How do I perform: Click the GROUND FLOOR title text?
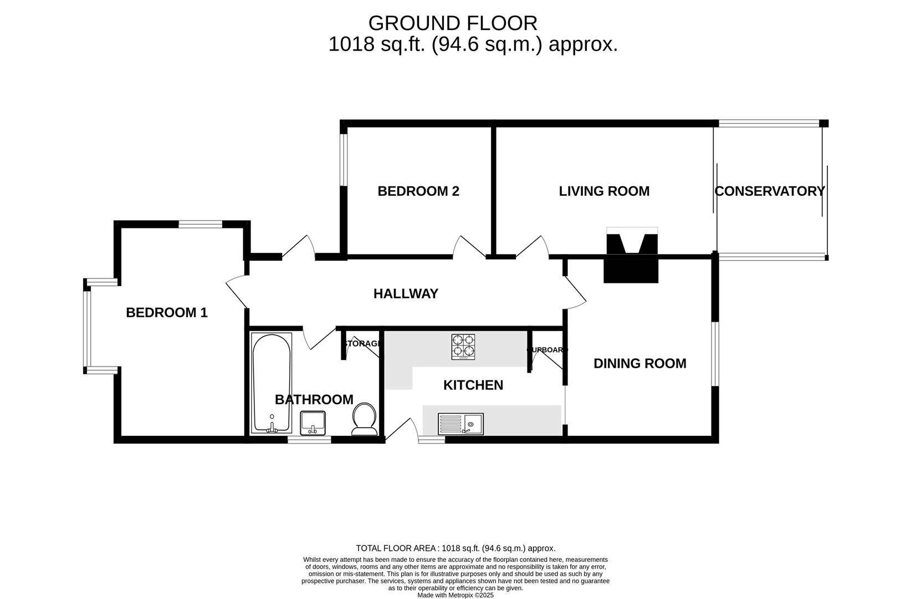click(x=452, y=23)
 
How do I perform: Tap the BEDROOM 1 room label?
click(x=166, y=313)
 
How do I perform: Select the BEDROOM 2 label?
click(x=418, y=191)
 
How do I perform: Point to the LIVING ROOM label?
click(x=604, y=191)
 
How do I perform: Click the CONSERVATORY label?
click(x=769, y=191)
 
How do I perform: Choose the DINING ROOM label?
click(x=639, y=364)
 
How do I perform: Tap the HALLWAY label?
click(x=406, y=294)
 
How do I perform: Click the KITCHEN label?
click(x=473, y=385)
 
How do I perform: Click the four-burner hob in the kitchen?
click(x=463, y=346)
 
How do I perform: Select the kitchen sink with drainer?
click(x=460, y=424)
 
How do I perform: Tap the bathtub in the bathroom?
click(x=272, y=383)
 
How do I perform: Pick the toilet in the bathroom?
click(x=364, y=419)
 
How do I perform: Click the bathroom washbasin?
click(x=314, y=423)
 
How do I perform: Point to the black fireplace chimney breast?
click(x=632, y=261)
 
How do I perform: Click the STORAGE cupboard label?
click(x=362, y=344)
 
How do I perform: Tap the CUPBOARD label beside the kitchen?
click(x=547, y=350)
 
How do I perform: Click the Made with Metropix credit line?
click(x=455, y=595)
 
